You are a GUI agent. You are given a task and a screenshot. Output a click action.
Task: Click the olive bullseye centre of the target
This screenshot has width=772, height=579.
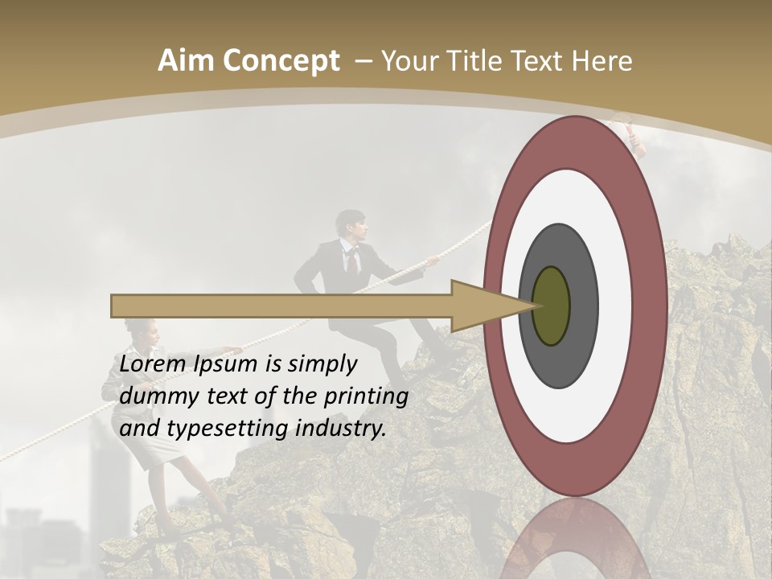551,306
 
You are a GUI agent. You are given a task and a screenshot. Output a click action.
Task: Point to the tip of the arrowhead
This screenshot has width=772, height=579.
535,306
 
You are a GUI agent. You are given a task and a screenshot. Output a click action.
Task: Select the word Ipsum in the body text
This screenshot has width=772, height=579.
226,364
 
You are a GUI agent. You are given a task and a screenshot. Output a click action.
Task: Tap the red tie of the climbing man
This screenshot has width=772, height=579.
351,261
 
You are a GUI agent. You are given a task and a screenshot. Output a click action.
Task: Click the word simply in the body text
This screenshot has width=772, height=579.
321,364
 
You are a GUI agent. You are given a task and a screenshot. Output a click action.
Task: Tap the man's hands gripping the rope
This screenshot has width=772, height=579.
432,261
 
